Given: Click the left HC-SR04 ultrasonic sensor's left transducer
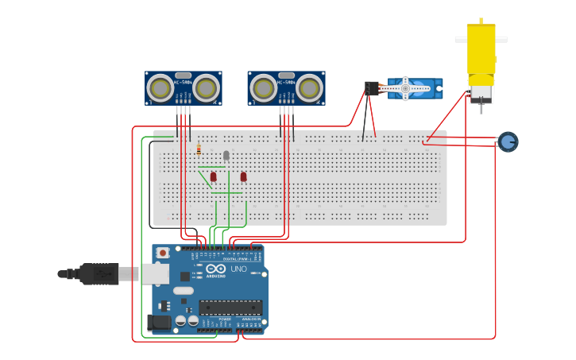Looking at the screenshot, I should pos(160,87).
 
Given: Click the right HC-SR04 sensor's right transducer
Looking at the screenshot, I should pos(309,88).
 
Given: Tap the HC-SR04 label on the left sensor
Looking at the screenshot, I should pos(184,83).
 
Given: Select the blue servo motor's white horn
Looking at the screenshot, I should pos(406,88).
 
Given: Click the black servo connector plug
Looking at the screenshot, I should pos(371,88).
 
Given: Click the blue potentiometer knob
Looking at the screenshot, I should pos(508,142).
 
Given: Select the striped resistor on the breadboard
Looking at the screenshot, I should pos(199,149).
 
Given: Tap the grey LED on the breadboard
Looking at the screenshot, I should pos(226,155).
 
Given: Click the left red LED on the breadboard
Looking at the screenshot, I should pos(213,176).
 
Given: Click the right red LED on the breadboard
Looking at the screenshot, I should pos(243,176).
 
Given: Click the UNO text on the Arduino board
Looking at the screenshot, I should pos(238,269).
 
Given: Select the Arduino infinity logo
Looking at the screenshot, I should pos(215,269).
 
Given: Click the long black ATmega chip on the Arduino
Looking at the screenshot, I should pos(230,307).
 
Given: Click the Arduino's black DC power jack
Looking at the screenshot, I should pos(158,323).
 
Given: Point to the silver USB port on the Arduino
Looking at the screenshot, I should pos(155,274).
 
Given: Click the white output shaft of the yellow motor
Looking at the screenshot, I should pos(481,38).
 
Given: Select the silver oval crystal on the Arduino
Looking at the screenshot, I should pos(184,291).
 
